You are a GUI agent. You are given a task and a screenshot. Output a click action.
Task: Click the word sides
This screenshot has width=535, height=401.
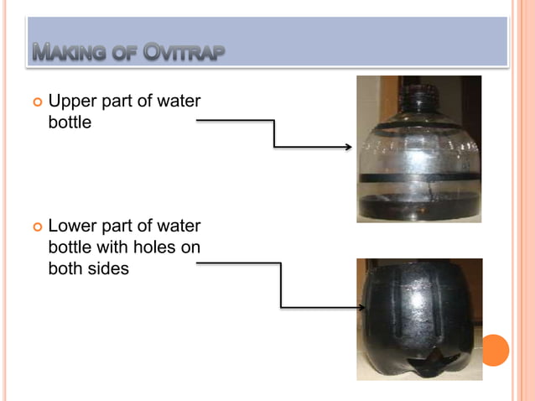tap(107, 269)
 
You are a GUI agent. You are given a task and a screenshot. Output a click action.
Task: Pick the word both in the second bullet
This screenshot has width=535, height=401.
tap(65, 269)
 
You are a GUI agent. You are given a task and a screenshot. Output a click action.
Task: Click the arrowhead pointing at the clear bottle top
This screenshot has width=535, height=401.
tap(348, 147)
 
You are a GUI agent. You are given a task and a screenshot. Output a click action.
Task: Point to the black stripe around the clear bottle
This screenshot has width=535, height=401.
tap(417, 179)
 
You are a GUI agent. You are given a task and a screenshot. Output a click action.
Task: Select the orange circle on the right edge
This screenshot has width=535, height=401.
tap(495, 350)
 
